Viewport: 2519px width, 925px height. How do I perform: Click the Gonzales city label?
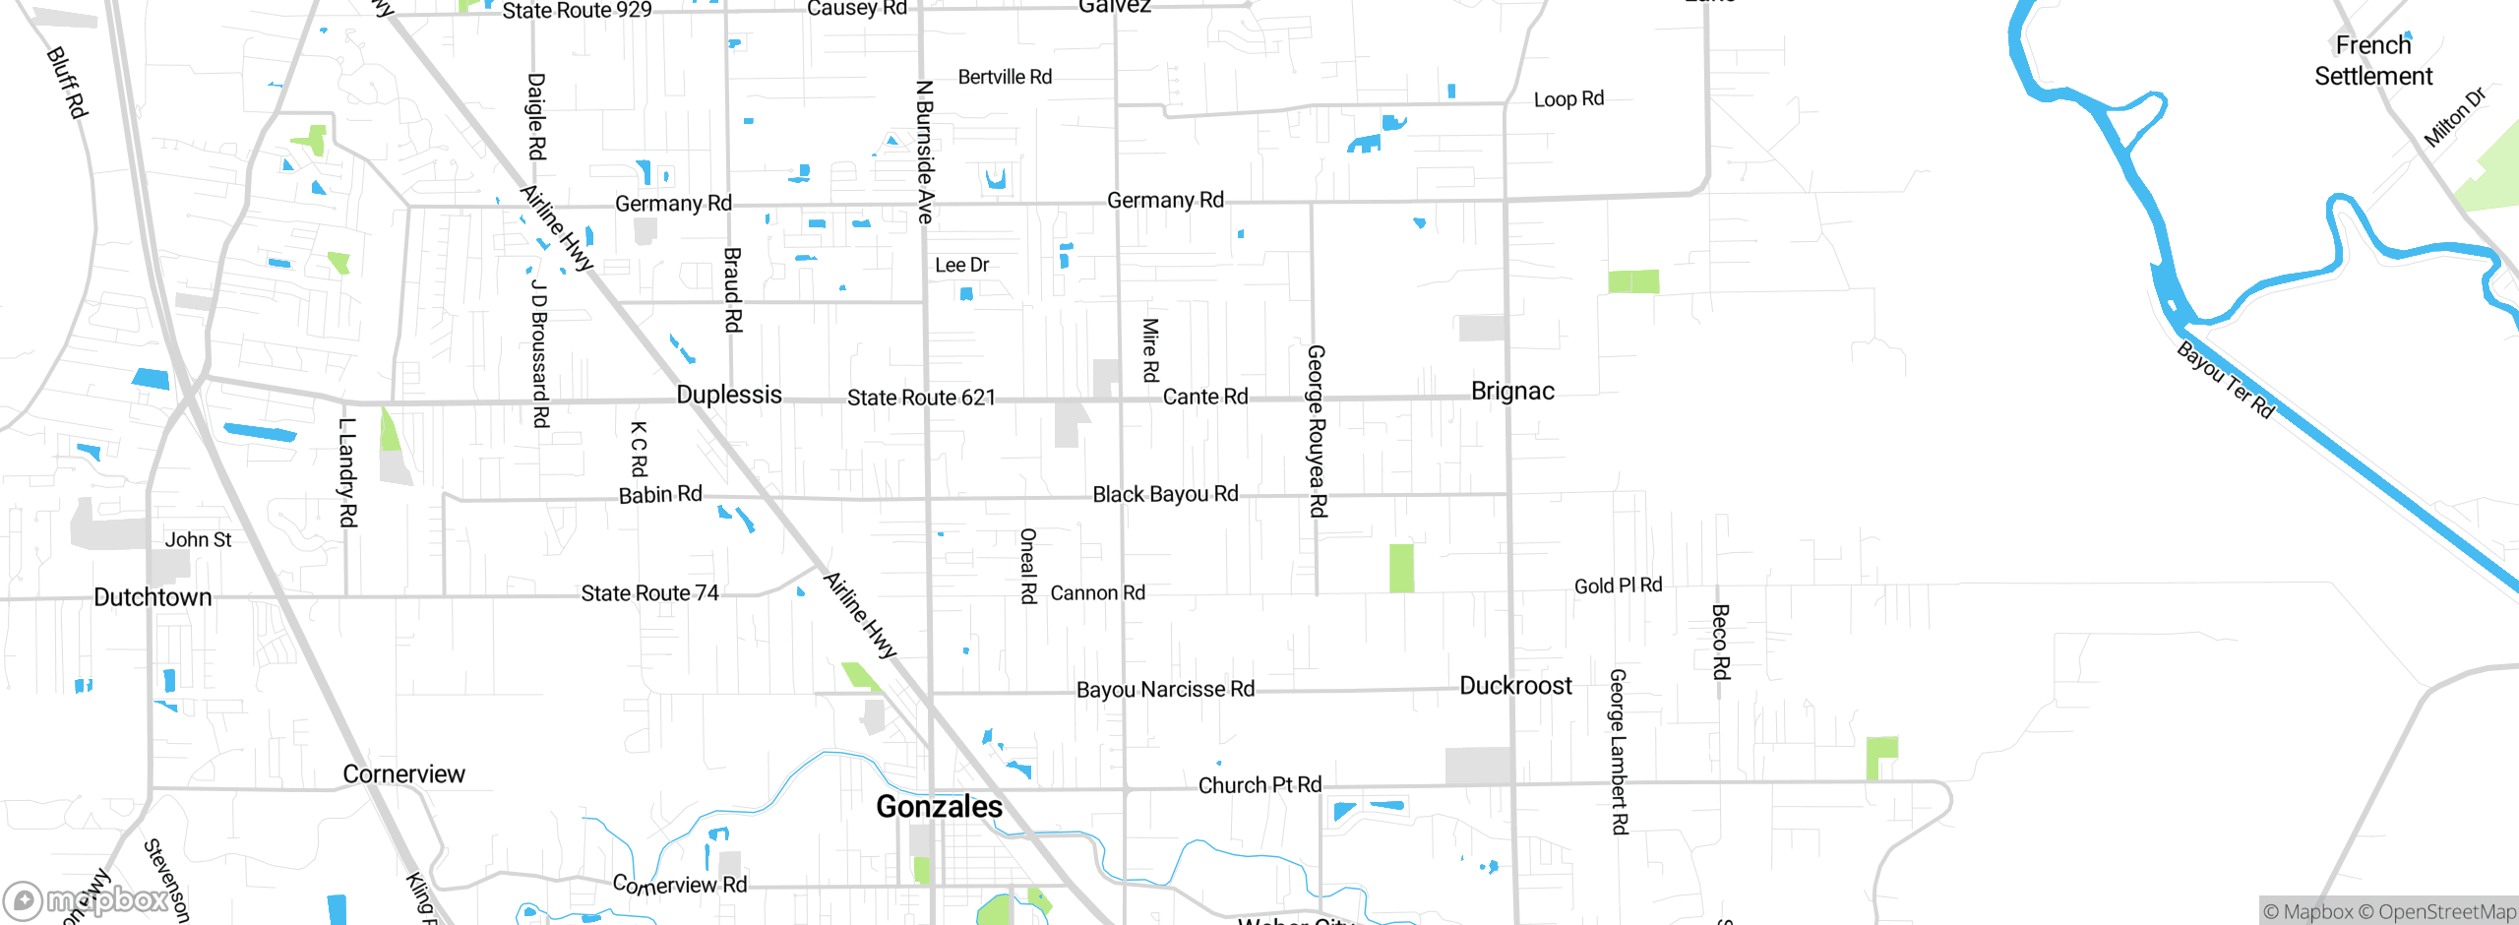tap(939, 806)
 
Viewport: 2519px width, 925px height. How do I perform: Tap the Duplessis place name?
tap(729, 395)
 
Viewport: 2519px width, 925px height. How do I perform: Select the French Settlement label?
tap(2372, 60)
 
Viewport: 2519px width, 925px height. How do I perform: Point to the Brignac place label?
tap(1512, 392)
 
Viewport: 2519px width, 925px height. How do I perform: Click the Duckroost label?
tap(1515, 686)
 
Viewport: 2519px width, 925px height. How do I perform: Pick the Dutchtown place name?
tap(153, 597)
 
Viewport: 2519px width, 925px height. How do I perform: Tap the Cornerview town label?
tap(403, 774)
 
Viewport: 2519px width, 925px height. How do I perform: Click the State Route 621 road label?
tap(921, 398)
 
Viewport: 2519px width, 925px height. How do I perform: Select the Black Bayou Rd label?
tap(1165, 494)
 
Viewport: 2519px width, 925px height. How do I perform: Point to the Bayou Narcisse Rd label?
tap(1165, 690)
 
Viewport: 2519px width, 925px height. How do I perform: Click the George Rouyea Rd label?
tap(1317, 431)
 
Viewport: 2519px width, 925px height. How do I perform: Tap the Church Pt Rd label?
tap(1259, 785)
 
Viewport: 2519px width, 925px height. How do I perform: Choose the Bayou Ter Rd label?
tap(2225, 380)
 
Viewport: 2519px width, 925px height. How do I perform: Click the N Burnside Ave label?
tap(925, 152)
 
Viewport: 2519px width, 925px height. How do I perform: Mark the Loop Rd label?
tap(1568, 99)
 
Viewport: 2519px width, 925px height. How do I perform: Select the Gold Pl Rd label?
tap(1618, 586)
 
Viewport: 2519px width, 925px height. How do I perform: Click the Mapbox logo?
tap(87, 899)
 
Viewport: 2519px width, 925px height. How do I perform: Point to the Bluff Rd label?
tap(67, 83)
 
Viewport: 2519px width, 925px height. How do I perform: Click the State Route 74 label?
tap(649, 593)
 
